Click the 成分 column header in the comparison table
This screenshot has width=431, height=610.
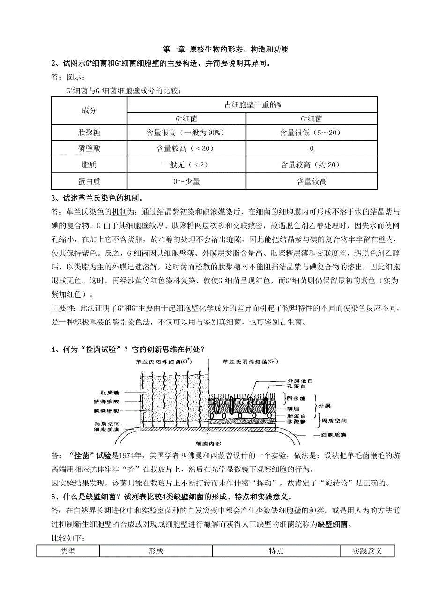click(x=89, y=111)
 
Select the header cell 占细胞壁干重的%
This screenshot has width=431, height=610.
click(x=252, y=104)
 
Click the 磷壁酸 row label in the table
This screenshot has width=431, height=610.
click(x=89, y=149)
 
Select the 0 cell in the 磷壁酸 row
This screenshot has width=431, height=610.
click(x=312, y=149)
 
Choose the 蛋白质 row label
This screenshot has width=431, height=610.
click(x=89, y=181)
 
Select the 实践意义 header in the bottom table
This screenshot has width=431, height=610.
click(x=367, y=551)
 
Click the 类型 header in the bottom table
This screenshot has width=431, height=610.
click(x=68, y=551)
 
